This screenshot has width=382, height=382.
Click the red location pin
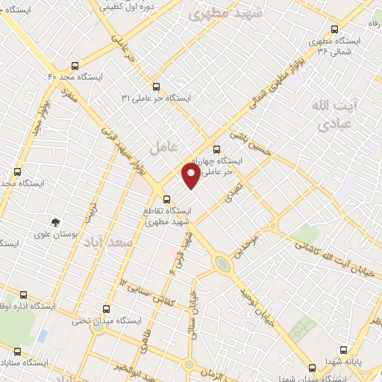[x=191, y=176]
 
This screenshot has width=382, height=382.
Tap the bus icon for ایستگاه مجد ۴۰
[x=73, y=65]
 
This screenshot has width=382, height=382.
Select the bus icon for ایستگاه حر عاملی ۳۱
[x=156, y=86]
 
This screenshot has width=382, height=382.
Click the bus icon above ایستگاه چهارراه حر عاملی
[x=217, y=148]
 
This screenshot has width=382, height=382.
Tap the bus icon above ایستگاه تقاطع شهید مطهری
[x=167, y=199]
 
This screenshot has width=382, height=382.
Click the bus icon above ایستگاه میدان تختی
[x=104, y=308]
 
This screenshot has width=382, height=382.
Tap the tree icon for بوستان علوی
[x=54, y=222]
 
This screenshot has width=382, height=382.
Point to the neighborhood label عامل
[x=160, y=147]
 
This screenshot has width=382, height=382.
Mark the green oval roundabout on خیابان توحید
[x=222, y=264]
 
